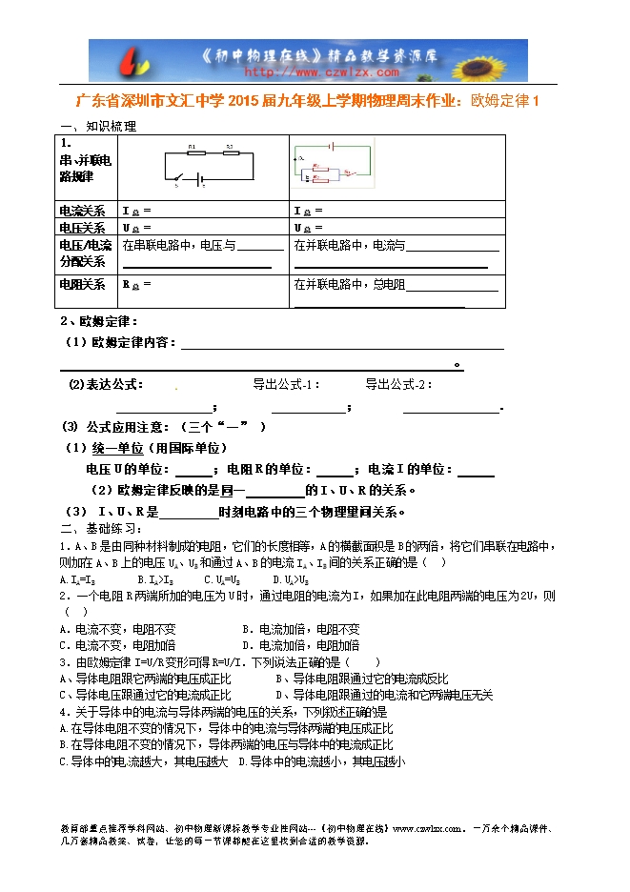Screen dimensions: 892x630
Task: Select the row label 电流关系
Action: point(83,211)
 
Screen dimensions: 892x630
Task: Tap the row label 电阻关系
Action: point(83,284)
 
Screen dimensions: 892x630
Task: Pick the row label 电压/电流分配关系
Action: point(86,253)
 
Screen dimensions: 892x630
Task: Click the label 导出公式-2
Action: point(397,384)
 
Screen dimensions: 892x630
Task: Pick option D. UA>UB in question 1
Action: point(291,578)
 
